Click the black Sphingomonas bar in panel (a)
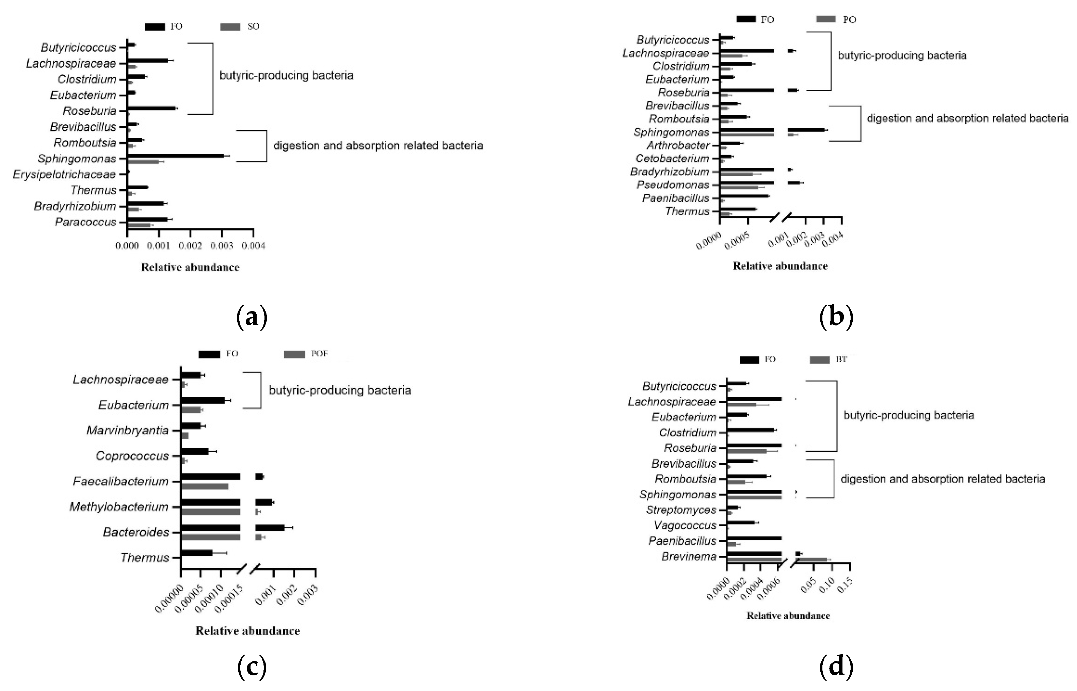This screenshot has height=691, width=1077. point(175,156)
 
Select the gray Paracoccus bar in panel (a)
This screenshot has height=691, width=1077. point(139,225)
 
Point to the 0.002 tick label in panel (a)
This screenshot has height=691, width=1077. point(190,245)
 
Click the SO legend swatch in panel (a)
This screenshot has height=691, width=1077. point(230,27)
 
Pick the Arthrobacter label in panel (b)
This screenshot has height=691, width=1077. point(678,145)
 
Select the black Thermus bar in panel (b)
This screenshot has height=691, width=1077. point(738,209)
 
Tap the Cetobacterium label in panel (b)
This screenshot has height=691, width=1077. point(672,158)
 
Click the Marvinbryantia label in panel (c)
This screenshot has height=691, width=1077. point(127,430)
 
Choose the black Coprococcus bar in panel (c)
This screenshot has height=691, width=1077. point(195,451)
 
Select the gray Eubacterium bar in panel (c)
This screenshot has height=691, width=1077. point(191,410)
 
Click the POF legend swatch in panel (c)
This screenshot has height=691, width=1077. point(294,354)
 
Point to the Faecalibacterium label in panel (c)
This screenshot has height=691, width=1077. point(120,481)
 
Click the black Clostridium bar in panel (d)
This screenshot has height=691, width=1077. point(750,430)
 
